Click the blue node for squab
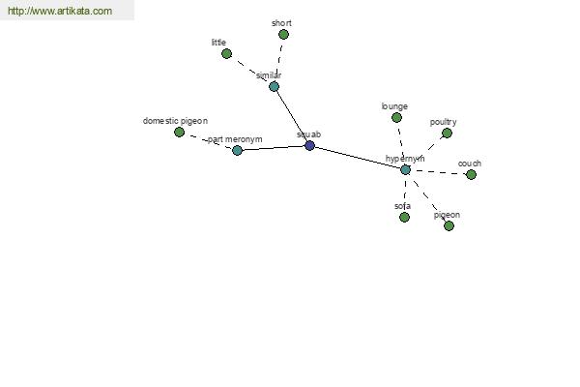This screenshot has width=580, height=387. pos(309,145)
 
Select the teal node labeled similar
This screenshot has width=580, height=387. pos(274,87)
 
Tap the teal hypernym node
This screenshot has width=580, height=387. pos(405,170)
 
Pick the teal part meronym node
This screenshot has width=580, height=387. pos(237,150)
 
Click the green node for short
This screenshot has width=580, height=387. pos(283,35)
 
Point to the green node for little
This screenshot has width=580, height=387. pos(226,54)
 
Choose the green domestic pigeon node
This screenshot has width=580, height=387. pos(179,132)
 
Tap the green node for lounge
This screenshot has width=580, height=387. pos(396,118)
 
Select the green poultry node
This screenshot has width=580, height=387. pos(447,133)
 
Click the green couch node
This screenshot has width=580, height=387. pos(471,174)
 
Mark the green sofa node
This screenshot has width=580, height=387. pos(405,217)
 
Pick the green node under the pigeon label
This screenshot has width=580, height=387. pos(449,225)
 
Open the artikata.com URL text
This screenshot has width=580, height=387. pos(60,11)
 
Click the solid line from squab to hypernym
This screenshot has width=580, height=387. pos(358,158)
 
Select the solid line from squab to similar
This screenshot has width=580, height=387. pos(292,116)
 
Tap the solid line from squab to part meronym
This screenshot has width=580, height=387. pos(274,148)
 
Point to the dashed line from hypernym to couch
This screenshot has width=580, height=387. pos(438,172)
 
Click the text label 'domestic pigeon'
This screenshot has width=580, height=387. pos(175,121)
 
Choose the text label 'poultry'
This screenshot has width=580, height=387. pos(443,122)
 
